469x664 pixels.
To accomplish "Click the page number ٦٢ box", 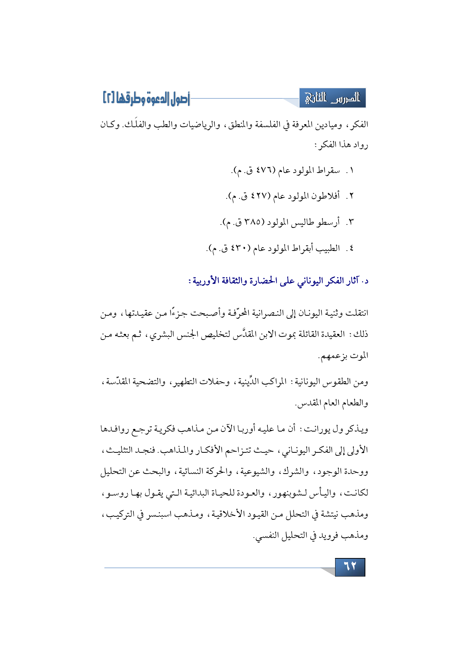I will [x=350, y=567].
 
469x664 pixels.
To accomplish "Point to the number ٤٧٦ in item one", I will [x=259, y=171].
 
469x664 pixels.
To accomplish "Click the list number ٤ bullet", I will [x=352, y=249].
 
